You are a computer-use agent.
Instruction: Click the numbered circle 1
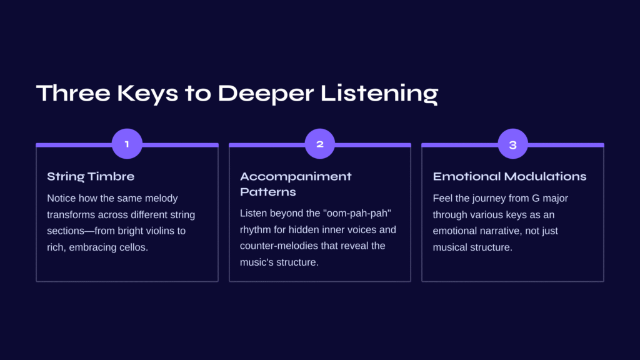tap(127, 144)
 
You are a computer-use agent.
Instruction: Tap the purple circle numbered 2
tap(320, 144)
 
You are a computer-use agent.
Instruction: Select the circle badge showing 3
tap(513, 144)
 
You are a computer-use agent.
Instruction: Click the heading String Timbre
tap(91, 176)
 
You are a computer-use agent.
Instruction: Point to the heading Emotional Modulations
tap(509, 176)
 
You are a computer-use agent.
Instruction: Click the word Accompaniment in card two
tap(296, 176)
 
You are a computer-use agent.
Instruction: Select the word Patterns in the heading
tap(267, 192)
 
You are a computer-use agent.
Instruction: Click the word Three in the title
tap(73, 93)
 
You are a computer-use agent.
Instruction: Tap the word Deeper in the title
tap(266, 94)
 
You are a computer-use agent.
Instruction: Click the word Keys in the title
tap(147, 94)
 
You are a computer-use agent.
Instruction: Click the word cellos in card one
tap(134, 247)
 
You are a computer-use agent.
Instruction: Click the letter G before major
tap(536, 198)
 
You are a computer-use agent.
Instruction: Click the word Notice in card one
tap(61, 198)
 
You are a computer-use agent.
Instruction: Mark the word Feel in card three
tap(442, 198)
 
